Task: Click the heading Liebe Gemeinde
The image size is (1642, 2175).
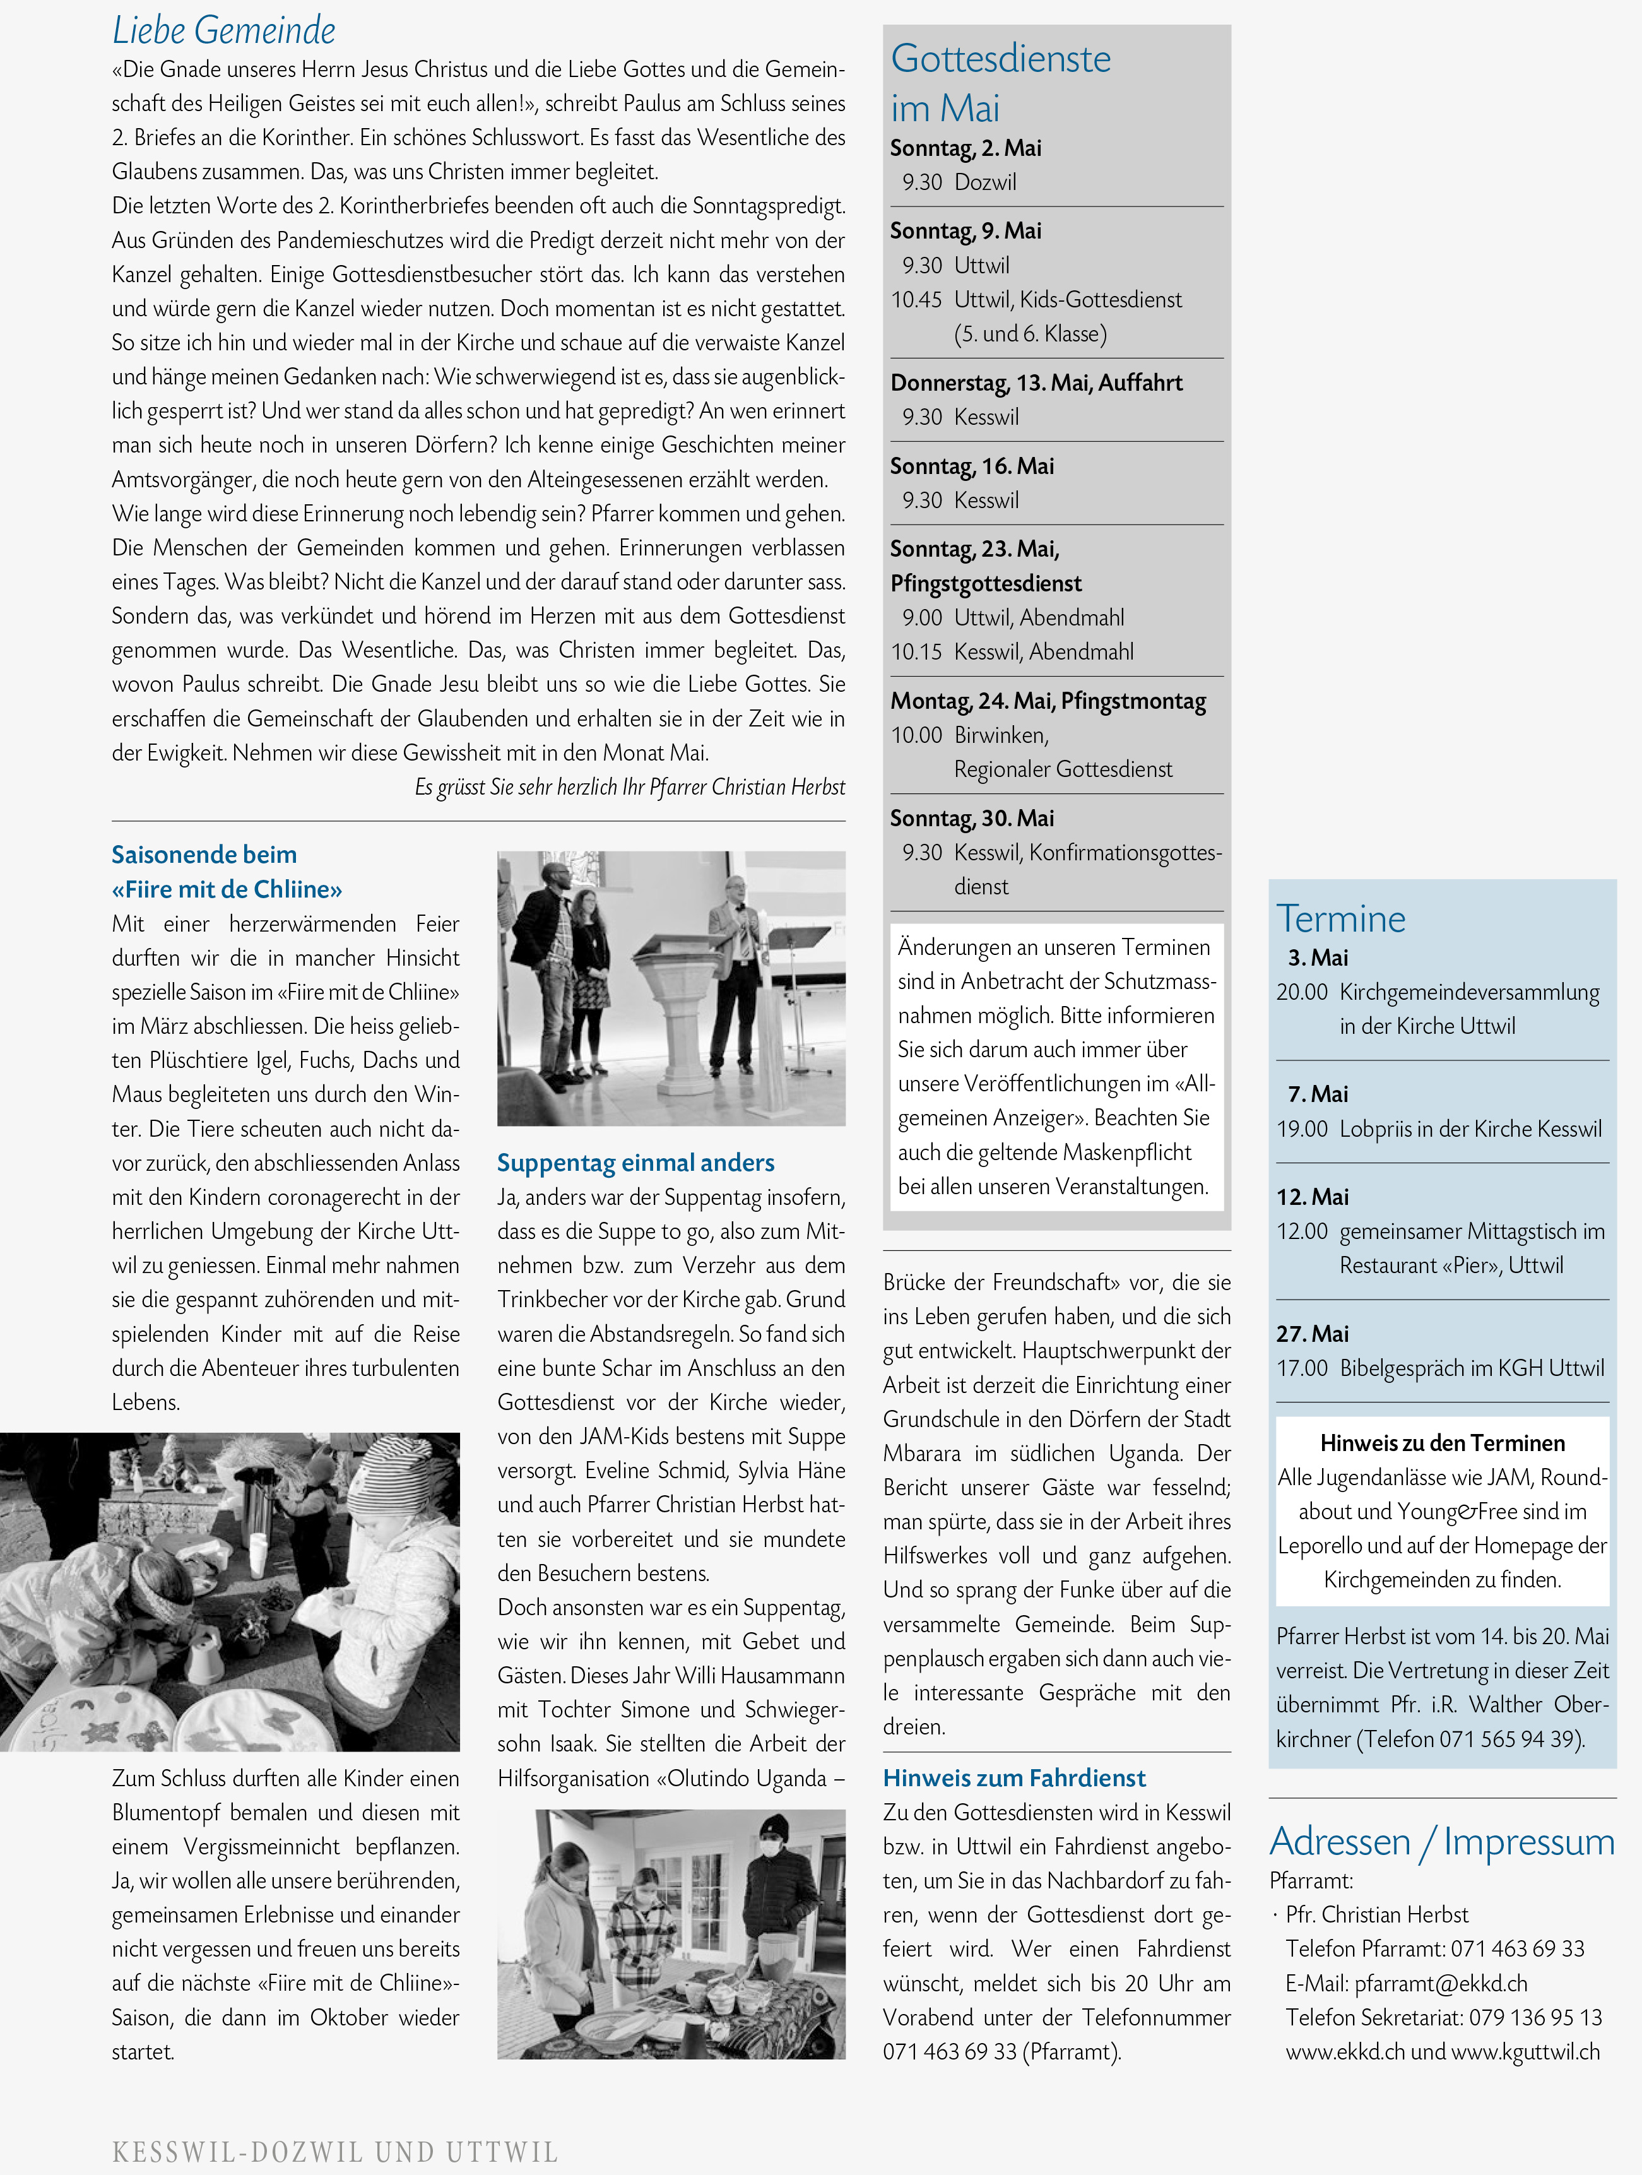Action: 223,30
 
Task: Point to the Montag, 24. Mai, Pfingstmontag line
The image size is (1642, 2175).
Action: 1047,701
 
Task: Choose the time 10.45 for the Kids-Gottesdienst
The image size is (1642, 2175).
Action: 916,300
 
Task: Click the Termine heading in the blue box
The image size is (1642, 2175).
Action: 1340,918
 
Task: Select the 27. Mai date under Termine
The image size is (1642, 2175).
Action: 1311,1333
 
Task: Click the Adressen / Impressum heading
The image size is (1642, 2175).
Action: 1441,1840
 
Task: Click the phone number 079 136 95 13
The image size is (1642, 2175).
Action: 1535,2018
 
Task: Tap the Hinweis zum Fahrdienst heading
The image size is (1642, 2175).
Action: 1013,1778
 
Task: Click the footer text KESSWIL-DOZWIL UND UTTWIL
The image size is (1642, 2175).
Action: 335,2152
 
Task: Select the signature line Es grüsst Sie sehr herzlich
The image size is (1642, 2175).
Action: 629,786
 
